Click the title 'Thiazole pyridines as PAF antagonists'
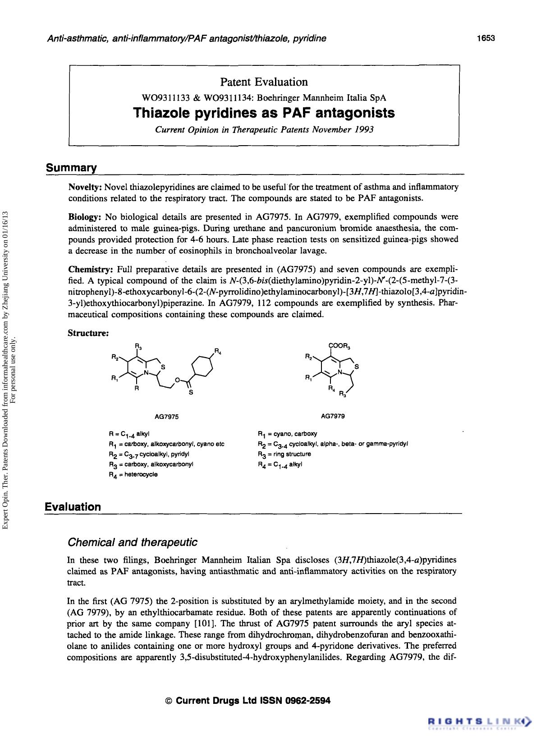point(264,113)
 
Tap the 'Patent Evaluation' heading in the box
point(264,82)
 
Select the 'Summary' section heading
point(71,168)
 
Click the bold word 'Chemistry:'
point(90,270)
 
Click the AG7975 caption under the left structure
point(166,417)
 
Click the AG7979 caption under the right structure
point(333,416)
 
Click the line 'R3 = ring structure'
point(284,454)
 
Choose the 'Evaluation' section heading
point(73,506)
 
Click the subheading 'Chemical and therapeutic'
point(132,542)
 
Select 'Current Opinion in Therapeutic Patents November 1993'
point(264,129)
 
